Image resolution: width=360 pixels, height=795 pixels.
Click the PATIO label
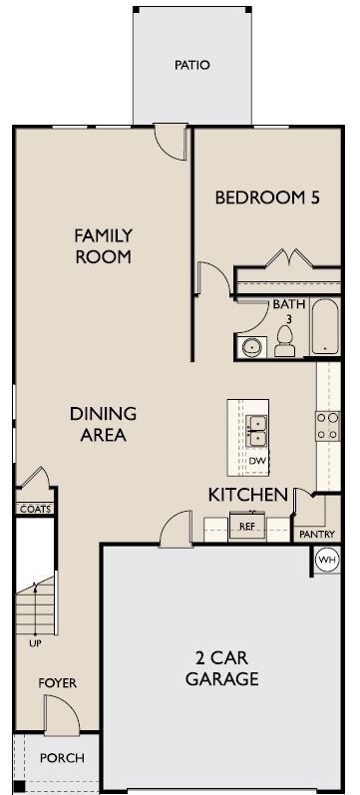[x=192, y=66]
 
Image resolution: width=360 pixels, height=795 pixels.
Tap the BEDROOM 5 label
[x=267, y=198]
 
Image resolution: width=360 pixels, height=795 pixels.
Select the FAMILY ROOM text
[x=104, y=246]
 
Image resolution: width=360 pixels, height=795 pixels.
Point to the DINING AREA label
[x=104, y=424]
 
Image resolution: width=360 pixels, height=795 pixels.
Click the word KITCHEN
[x=248, y=495]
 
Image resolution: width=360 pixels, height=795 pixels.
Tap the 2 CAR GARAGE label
[x=222, y=668]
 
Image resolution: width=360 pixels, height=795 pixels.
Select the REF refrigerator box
[x=247, y=527]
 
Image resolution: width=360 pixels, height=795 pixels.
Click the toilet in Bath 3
[x=284, y=341]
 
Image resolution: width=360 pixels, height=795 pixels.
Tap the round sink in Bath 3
[x=251, y=347]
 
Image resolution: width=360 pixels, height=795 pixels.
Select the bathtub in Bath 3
[x=324, y=326]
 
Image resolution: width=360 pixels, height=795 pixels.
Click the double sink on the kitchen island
[x=256, y=431]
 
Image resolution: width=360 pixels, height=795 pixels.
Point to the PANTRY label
[x=317, y=534]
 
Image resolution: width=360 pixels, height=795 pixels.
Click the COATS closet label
[x=36, y=509]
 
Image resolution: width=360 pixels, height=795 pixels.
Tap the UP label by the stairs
[x=36, y=643]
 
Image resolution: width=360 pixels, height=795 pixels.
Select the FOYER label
[x=58, y=683]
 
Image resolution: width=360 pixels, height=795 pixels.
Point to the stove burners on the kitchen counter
[x=327, y=426]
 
